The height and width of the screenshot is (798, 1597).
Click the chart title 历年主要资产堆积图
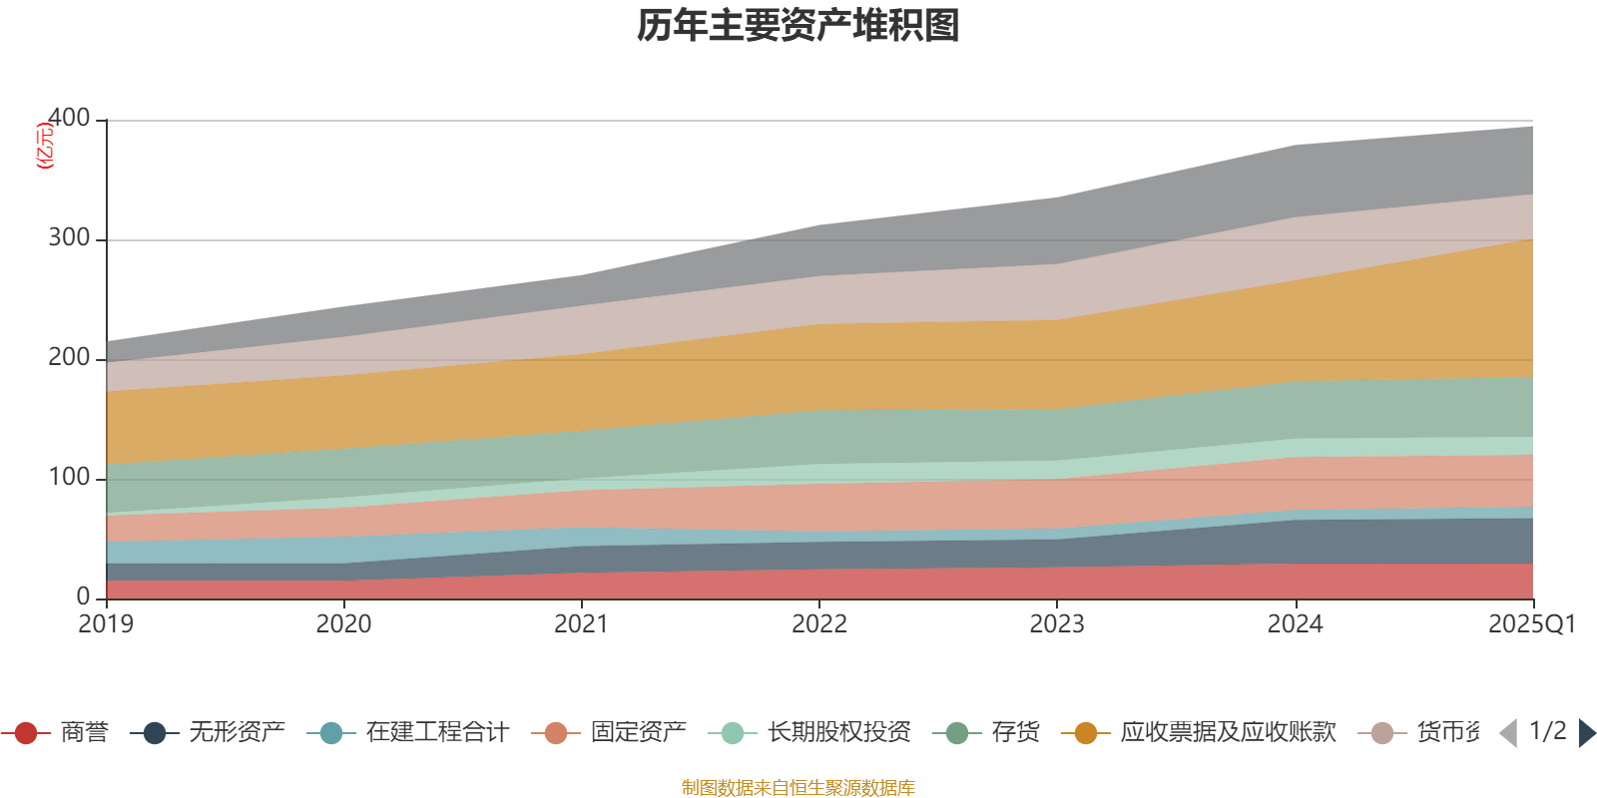pos(798,26)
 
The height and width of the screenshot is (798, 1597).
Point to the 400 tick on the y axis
pos(69,118)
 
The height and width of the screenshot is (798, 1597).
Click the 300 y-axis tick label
pos(69,238)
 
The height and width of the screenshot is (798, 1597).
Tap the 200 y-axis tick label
pos(69,358)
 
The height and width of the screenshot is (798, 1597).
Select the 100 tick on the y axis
pos(69,478)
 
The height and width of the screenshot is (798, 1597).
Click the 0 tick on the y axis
pos(83,597)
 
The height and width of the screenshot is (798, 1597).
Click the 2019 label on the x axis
pos(107,624)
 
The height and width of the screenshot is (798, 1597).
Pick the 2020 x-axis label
pos(344,624)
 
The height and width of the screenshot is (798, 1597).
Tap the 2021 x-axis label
pos(582,624)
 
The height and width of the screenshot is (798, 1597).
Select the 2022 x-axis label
pos(819,624)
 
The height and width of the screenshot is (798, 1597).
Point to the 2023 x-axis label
pos(1057,624)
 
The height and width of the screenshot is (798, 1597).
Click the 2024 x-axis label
pos(1295,624)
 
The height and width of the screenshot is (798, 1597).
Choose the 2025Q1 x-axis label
pos(1531,624)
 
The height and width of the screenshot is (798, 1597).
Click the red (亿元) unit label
pos(45,146)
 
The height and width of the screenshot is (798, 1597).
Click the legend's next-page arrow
pos(1587,733)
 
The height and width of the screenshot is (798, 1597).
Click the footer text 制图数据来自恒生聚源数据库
pos(798,788)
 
